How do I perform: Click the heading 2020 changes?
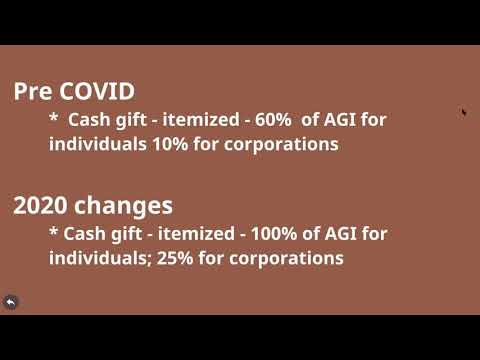click(x=93, y=206)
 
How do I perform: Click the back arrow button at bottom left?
click(x=11, y=302)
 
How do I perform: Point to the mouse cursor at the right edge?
click(x=464, y=112)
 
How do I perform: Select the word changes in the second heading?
click(x=123, y=206)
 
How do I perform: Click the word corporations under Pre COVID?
click(x=275, y=144)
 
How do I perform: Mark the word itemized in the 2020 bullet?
click(x=190, y=234)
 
